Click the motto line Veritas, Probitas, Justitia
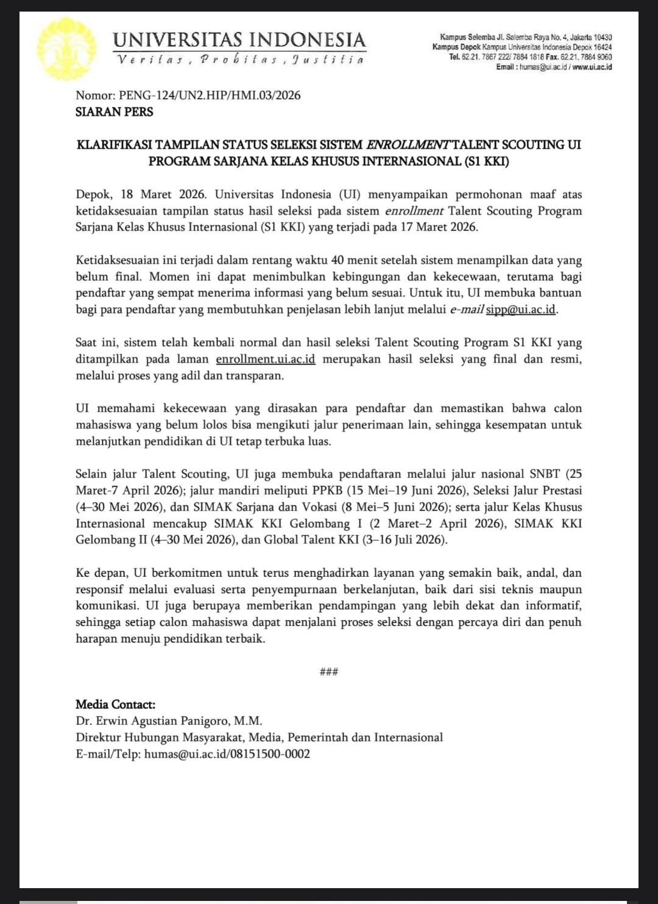(240, 60)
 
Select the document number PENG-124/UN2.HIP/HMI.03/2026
(210, 95)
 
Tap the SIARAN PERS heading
(114, 112)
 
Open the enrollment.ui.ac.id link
(266, 359)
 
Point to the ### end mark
(329, 672)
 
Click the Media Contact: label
(115, 705)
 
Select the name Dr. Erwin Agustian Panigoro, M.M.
(169, 721)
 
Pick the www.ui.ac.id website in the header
(592, 67)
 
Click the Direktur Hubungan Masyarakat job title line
(259, 738)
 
